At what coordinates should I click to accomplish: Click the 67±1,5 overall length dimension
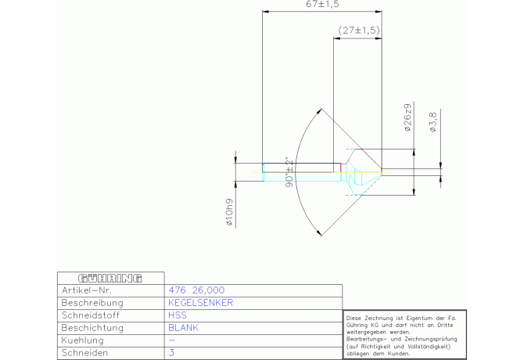pyautogui.click(x=322, y=4)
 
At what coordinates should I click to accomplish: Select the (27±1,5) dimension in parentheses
pyautogui.click(x=359, y=31)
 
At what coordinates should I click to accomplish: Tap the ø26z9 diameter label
pyautogui.click(x=407, y=117)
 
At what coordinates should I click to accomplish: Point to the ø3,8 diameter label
pyautogui.click(x=432, y=122)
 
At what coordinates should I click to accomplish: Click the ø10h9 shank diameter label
pyautogui.click(x=229, y=212)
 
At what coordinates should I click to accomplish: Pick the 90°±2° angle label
pyautogui.click(x=289, y=172)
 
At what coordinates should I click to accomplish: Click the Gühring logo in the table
pyautogui.click(x=110, y=279)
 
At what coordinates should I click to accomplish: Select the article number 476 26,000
pyautogui.click(x=196, y=290)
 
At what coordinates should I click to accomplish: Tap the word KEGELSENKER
pyautogui.click(x=200, y=303)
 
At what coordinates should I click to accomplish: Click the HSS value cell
pyautogui.click(x=178, y=315)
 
